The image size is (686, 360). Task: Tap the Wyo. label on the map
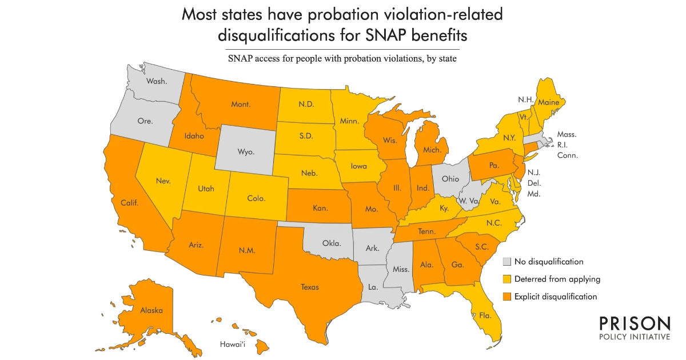[245, 152]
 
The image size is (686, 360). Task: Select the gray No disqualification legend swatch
[506, 262]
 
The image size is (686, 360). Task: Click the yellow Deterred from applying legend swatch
[506, 279]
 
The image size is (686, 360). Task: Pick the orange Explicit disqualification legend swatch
[506, 297]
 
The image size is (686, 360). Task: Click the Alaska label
[151, 310]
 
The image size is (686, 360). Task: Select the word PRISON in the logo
[635, 323]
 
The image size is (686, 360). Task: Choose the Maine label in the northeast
[547, 102]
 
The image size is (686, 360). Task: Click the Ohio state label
[450, 178]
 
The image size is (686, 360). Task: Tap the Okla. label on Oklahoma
[331, 243]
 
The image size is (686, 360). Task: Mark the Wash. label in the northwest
[156, 81]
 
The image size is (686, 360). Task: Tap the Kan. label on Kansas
[321, 208]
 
